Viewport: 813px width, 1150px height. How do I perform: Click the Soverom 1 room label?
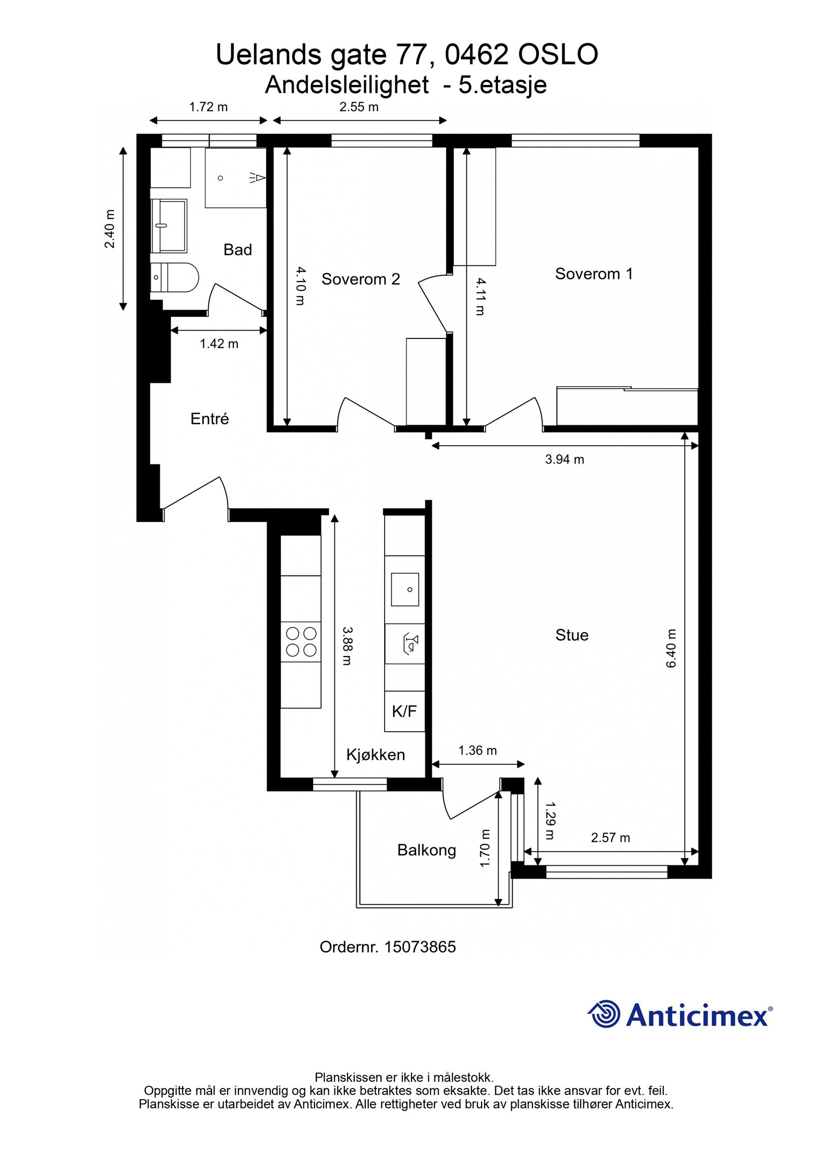tap(593, 274)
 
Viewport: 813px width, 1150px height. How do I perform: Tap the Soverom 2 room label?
tap(360, 279)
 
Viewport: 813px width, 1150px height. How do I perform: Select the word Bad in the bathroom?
tap(237, 250)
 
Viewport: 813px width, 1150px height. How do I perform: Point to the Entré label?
tap(209, 419)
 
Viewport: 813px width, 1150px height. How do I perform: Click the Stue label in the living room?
tap(572, 635)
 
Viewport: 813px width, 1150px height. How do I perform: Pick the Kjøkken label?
tap(376, 755)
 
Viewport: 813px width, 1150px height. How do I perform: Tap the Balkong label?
tap(426, 850)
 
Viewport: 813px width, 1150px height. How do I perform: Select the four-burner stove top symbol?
tap(301, 641)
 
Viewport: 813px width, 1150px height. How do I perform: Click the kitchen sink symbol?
tap(404, 589)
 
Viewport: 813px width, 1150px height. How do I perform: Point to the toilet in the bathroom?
tap(175, 277)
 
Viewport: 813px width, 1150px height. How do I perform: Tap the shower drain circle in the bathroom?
tap(221, 178)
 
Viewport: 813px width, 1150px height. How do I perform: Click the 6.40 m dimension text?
tap(671, 648)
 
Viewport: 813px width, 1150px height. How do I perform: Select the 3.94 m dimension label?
tap(564, 459)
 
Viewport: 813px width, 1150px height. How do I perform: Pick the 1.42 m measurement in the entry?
tap(218, 344)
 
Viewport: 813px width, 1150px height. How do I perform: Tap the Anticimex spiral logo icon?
tap(604, 1014)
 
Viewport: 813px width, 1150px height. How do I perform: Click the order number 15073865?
tap(420, 947)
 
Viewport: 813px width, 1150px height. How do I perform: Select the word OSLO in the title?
tap(557, 54)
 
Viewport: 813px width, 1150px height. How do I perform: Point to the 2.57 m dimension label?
tap(610, 837)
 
